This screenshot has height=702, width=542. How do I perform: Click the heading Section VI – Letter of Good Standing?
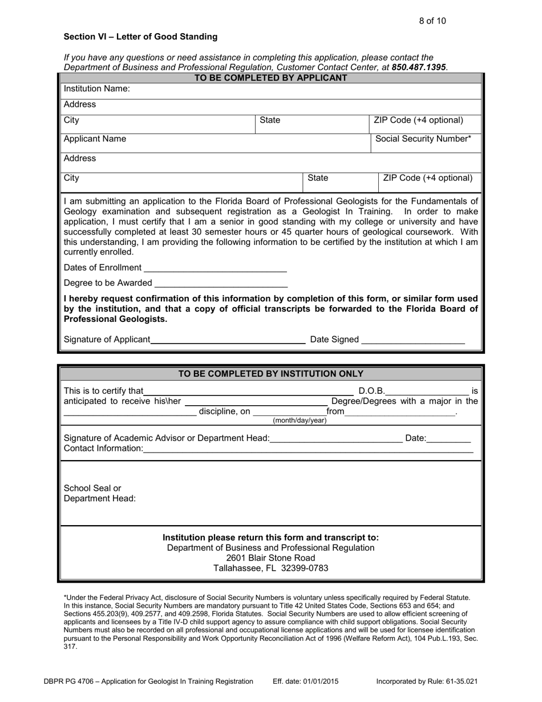(140, 37)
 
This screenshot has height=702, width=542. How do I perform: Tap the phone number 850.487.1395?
(419, 67)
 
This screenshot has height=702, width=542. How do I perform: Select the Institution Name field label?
(97, 88)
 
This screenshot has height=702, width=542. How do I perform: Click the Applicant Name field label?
(95, 139)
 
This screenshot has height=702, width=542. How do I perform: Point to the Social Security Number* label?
(423, 139)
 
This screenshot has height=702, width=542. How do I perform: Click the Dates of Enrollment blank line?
(215, 268)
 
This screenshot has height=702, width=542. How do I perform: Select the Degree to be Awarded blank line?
(221, 284)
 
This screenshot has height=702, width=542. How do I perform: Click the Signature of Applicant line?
(228, 340)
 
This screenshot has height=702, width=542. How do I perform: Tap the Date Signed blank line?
(413, 340)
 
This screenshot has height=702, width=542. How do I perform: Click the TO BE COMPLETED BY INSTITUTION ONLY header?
(271, 374)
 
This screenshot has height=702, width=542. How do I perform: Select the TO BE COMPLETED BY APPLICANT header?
(271, 78)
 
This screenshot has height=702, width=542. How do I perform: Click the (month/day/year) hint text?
(300, 421)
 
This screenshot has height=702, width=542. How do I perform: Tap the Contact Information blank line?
(308, 449)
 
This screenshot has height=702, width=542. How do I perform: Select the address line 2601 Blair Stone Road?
(270, 558)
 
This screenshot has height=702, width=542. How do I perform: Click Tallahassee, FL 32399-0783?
(270, 568)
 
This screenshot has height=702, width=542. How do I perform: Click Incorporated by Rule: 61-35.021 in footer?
(427, 681)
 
